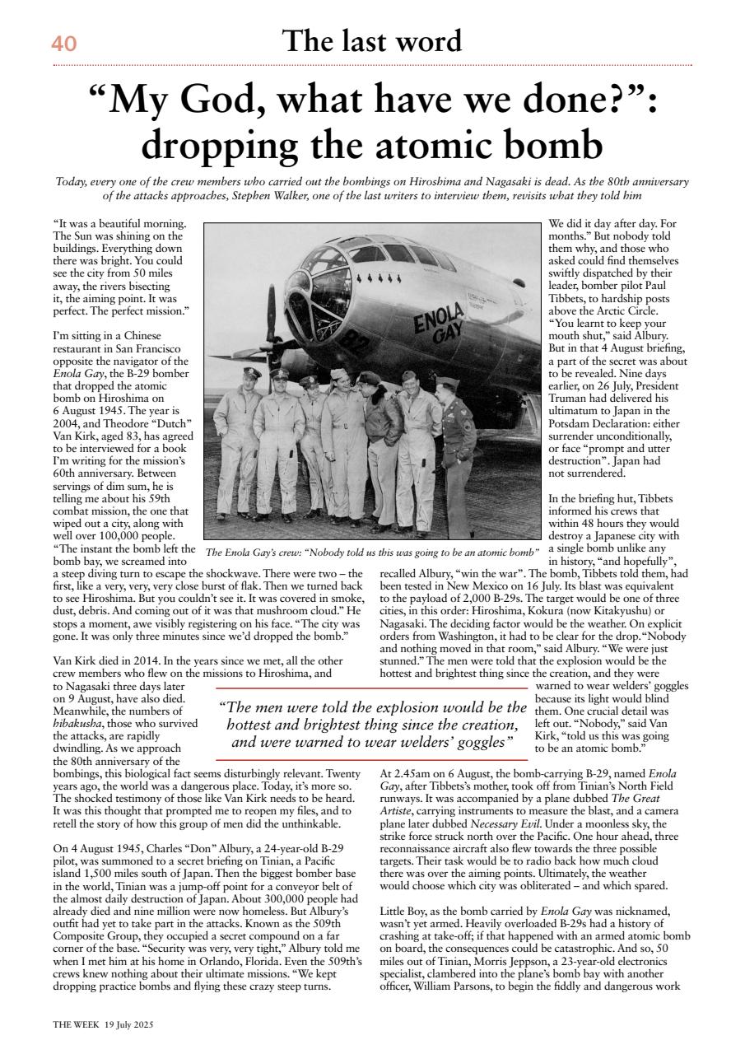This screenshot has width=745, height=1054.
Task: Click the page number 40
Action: pos(64,43)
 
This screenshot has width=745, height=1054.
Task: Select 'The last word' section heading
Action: pos(372,40)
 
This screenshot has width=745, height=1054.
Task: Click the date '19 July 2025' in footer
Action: pos(128,1025)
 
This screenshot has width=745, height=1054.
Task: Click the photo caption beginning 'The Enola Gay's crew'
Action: pos(371,553)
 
